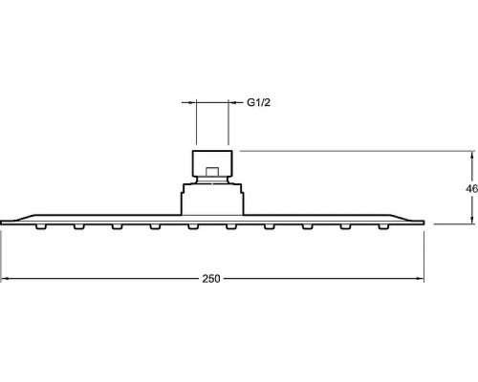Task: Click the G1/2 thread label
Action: pos(258,102)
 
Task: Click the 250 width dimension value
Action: pos(211,279)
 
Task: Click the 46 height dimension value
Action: pos(472,189)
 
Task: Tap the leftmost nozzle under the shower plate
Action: pos(41,226)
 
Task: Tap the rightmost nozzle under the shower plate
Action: pos(383,226)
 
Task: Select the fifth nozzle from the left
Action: pos(193,226)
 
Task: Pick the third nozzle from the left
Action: pos(118,226)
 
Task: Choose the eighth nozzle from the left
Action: pos(308,226)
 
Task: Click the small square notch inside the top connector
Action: pos(212,171)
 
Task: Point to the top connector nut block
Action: pos(212,163)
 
